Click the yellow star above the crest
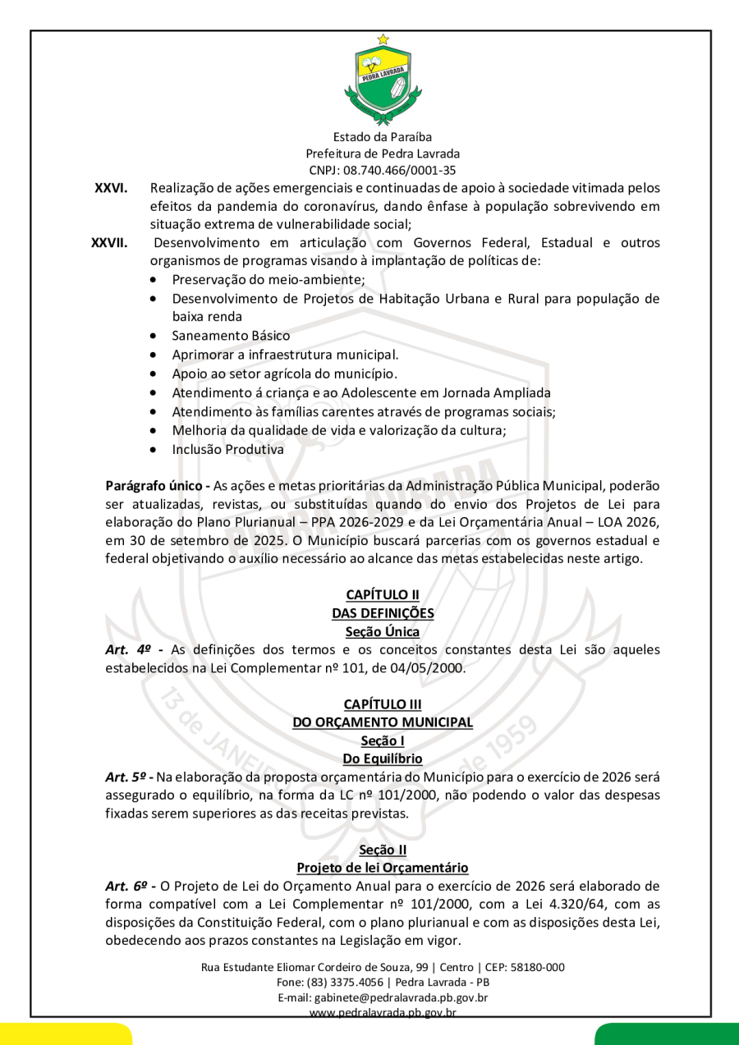(x=383, y=39)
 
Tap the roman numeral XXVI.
(x=111, y=188)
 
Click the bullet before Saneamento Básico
(x=154, y=336)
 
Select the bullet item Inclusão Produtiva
(x=227, y=450)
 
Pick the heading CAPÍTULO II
(x=383, y=595)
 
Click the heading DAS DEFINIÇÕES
(x=383, y=613)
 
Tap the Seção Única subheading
(x=383, y=632)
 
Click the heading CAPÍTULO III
(x=383, y=704)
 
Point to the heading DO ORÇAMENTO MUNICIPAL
(x=383, y=722)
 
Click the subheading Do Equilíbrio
(x=383, y=759)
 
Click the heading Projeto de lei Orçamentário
(x=383, y=868)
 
